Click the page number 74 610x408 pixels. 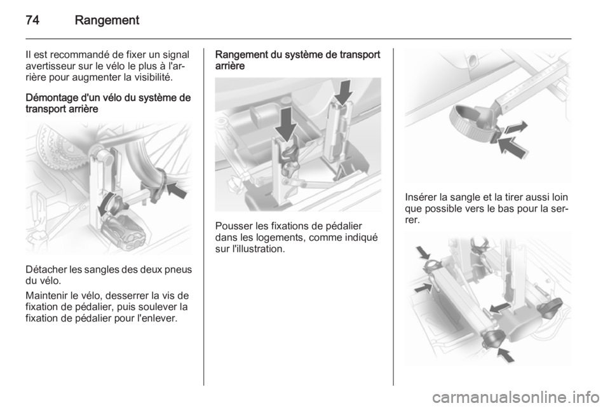(x=32, y=20)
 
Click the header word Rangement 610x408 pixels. (x=107, y=20)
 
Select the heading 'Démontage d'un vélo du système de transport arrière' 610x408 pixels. (x=108, y=103)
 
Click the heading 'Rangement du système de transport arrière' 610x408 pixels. (x=297, y=60)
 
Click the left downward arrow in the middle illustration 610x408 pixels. (x=287, y=124)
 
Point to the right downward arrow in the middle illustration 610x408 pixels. (x=342, y=93)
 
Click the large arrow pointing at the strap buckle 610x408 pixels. (x=513, y=147)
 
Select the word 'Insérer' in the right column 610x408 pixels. (x=421, y=197)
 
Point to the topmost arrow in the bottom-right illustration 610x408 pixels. (x=423, y=253)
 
